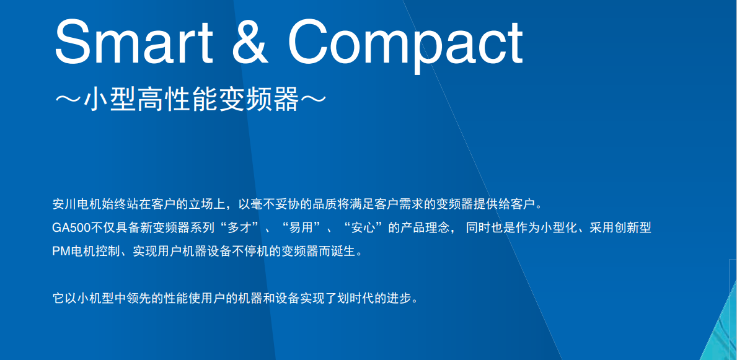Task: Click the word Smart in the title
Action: (x=133, y=42)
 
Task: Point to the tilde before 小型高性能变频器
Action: (x=68, y=99)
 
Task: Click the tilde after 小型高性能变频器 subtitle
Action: (x=312, y=99)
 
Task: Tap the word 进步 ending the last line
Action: (x=398, y=299)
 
